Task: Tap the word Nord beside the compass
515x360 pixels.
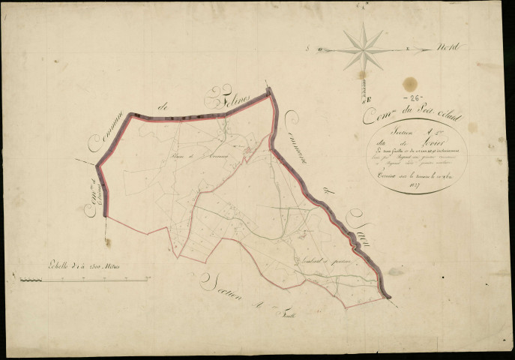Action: [448, 49]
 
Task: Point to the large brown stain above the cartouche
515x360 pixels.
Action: [409, 84]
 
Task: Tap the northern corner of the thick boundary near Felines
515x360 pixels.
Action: [268, 91]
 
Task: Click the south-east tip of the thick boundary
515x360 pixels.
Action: [389, 296]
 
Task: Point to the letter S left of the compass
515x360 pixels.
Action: [309, 49]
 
